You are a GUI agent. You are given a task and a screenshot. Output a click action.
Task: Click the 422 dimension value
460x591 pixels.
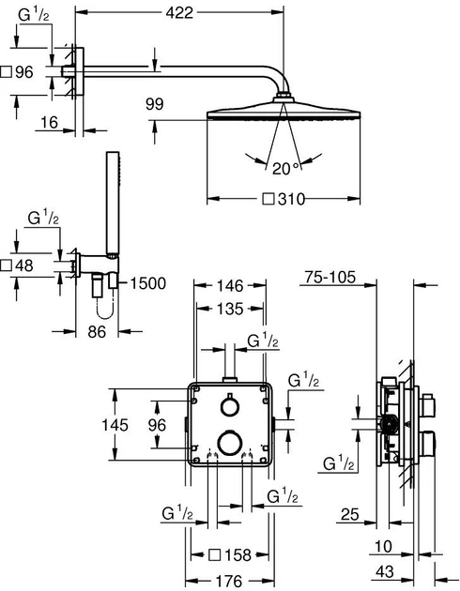click(x=179, y=13)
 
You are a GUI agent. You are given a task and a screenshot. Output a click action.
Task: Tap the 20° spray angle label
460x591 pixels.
click(x=285, y=169)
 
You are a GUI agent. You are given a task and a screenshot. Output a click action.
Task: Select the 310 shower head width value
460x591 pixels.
click(x=291, y=199)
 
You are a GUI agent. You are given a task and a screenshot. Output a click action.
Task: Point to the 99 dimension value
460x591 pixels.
click(x=155, y=104)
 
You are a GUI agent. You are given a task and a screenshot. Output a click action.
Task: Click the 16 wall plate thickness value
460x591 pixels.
click(x=50, y=122)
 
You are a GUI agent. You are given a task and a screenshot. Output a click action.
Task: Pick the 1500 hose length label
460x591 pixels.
click(x=147, y=283)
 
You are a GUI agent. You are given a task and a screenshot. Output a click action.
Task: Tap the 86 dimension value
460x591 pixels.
click(x=97, y=332)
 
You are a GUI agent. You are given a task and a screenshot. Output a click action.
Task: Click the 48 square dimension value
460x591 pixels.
click(x=24, y=265)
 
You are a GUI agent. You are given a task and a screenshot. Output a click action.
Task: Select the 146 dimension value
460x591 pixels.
click(x=230, y=286)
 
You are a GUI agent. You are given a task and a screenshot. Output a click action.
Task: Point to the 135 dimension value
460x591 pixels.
click(x=230, y=309)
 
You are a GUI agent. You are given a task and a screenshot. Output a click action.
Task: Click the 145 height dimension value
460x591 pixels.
click(x=115, y=425)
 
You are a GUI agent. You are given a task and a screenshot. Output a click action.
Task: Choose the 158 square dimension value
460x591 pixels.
click(x=238, y=554)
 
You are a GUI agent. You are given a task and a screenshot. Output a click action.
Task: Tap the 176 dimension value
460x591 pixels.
click(x=230, y=581)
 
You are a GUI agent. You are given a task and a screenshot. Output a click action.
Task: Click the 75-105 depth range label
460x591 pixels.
click(x=330, y=277)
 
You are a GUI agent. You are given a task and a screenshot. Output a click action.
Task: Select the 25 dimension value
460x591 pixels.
click(x=350, y=514)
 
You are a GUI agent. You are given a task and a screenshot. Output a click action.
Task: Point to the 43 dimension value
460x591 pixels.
click(x=385, y=572)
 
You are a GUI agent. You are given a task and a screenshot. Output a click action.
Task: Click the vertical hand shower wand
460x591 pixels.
click(x=113, y=205)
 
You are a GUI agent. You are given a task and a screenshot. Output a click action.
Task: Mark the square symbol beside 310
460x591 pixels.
click(x=268, y=199)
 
